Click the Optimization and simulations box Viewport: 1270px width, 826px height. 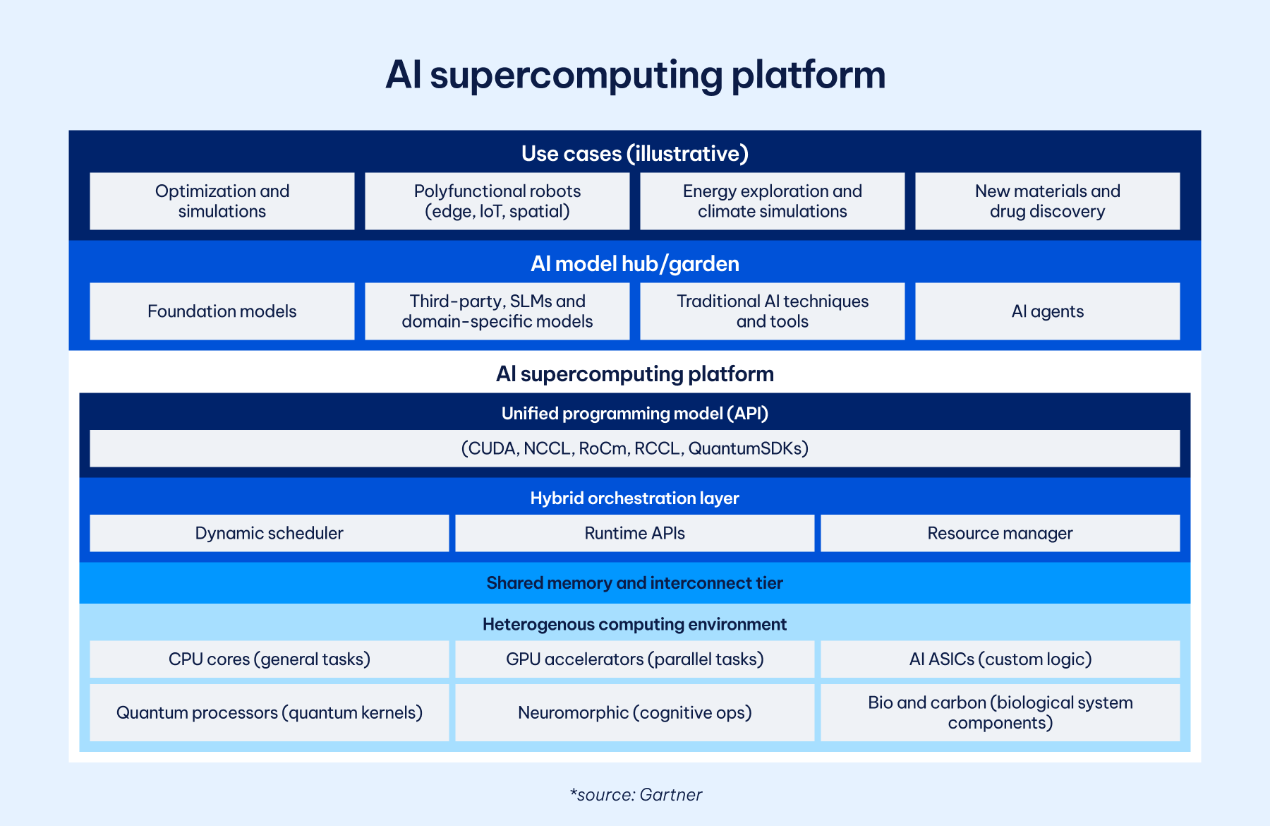[222, 201]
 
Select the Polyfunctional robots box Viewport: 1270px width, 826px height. [497, 201]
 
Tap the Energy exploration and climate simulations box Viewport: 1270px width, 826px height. [772, 201]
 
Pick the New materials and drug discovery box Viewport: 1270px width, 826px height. [1047, 201]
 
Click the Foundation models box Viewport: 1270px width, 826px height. [222, 311]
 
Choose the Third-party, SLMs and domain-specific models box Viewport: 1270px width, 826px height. [497, 311]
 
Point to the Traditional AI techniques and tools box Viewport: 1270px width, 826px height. [772, 311]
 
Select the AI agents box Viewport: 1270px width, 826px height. [1047, 311]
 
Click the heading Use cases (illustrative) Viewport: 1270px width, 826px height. [634, 153]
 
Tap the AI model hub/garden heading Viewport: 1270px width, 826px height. [634, 263]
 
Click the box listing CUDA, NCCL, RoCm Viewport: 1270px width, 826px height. [634, 448]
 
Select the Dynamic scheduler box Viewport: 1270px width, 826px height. [269, 533]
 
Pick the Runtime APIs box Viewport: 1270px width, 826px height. [634, 533]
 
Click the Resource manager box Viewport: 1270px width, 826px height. [1000, 533]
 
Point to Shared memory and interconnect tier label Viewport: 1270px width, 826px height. [634, 583]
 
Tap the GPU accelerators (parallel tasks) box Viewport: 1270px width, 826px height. [634, 659]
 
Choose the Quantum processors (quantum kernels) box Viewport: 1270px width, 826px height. [269, 712]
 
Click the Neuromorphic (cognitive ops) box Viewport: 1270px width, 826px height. [634, 712]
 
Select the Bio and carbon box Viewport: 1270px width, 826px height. [1000, 712]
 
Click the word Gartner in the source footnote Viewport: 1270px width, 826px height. [670, 795]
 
